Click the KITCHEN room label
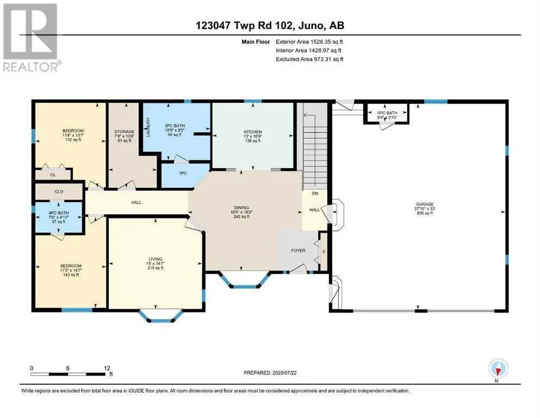coord(253,132)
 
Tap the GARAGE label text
coord(424,204)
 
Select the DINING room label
coord(241,208)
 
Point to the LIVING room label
coord(156,259)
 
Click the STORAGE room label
coord(125,132)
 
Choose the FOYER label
coord(298,250)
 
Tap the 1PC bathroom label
coord(183,173)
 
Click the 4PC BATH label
coord(59,213)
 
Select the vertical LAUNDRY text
coord(148,127)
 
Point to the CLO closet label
coord(59,192)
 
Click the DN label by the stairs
coord(315,194)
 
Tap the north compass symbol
coord(498,370)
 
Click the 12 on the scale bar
coord(107,368)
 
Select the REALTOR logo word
coord(30,66)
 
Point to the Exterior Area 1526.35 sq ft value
coord(309,42)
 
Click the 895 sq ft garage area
coord(424,213)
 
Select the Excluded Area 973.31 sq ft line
coord(309,59)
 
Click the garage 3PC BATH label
coord(387,113)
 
